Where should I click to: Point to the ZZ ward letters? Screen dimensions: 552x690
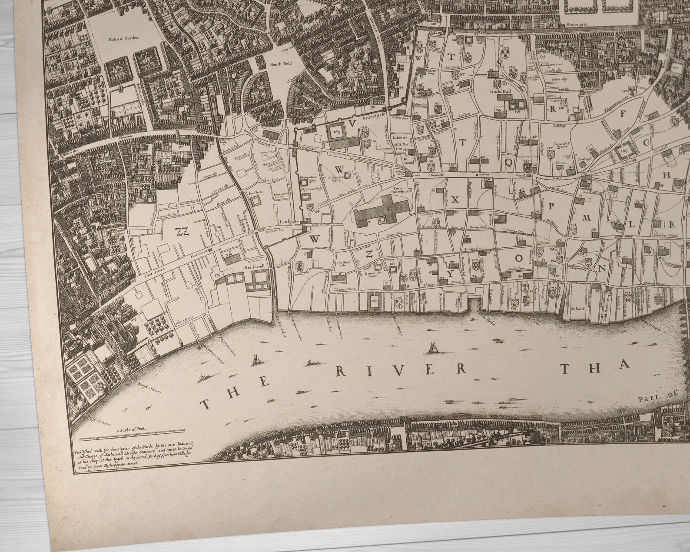coord(183,231)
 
